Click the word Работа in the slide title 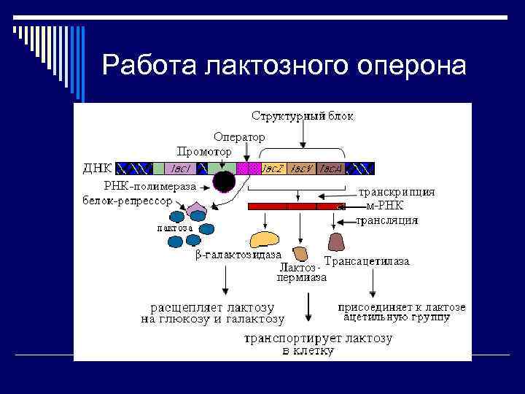pyautogui.click(x=150, y=66)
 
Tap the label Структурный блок pyautogui.click(x=303, y=117)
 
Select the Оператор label pyautogui.click(x=239, y=136)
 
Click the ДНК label pyautogui.click(x=97, y=169)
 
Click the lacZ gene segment pyautogui.click(x=273, y=169)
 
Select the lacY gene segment pyautogui.click(x=302, y=169)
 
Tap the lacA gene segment pyautogui.click(x=332, y=169)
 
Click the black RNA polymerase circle pyautogui.click(x=224, y=182)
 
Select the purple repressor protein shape pyautogui.click(x=197, y=212)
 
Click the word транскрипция pyautogui.click(x=397, y=193)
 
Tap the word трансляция pyautogui.click(x=387, y=219)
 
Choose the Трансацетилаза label pyautogui.click(x=367, y=261)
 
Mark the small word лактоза pyautogui.click(x=175, y=227)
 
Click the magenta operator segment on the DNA pyautogui.click(x=249, y=169)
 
